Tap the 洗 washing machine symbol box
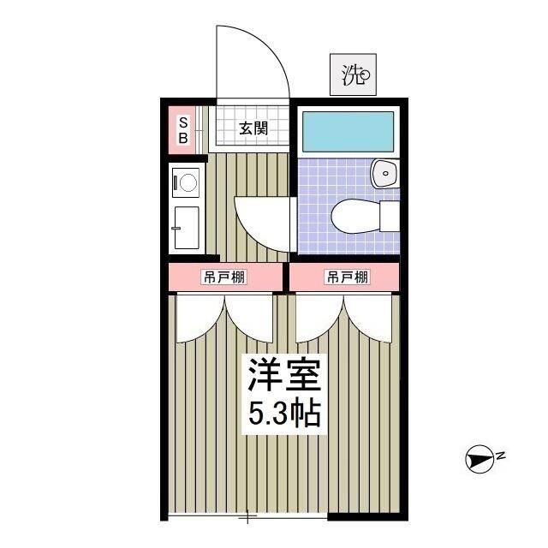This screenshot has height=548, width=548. coord(352,75)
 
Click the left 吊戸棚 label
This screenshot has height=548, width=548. coord(223,277)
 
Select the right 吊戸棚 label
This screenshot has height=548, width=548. coord(346,277)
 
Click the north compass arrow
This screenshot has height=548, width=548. coord(479,461)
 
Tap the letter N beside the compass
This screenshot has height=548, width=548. coord(501,455)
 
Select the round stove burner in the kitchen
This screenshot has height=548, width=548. coord(186,182)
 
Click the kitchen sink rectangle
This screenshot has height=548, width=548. coord(186,227)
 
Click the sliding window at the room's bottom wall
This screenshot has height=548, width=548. coord(247,516)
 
